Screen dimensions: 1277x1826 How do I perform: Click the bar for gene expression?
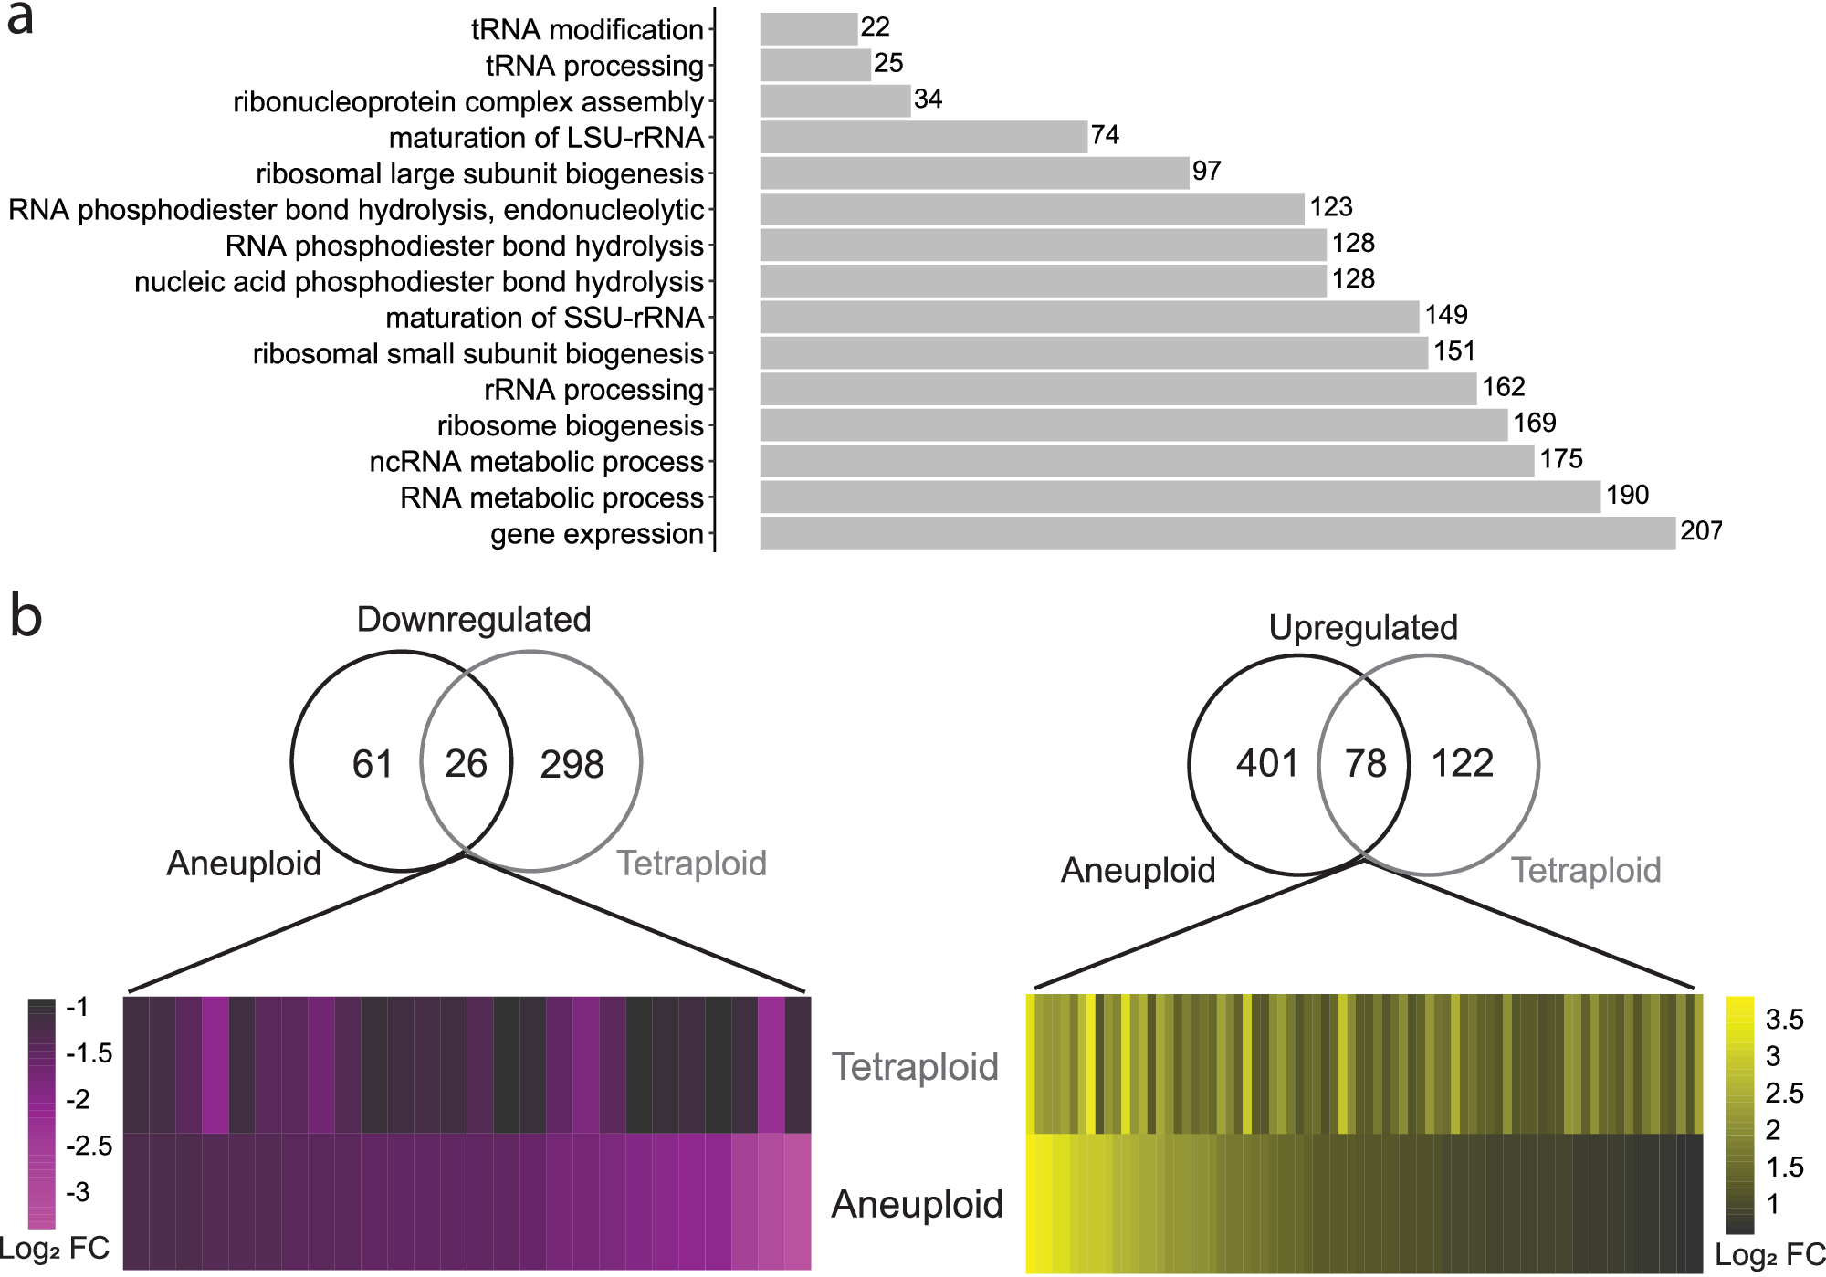point(1217,533)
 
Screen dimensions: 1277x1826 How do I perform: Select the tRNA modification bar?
point(808,29)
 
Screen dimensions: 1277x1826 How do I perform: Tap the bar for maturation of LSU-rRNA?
point(923,137)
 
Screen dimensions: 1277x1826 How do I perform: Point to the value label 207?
point(1701,531)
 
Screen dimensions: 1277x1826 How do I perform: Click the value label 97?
point(1206,172)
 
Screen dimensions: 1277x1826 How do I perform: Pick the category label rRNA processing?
point(593,390)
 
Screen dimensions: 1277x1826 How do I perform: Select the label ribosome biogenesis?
point(570,426)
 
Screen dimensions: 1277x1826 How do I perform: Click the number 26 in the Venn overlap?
point(466,764)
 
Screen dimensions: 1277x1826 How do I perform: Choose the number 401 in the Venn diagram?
point(1267,763)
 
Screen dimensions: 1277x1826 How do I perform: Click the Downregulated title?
point(474,620)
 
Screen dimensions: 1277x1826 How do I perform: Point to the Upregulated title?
point(1363,628)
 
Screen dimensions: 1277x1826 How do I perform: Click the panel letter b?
point(26,616)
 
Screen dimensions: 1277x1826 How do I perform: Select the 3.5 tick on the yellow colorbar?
point(1784,1019)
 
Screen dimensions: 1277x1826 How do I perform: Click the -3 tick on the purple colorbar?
point(79,1191)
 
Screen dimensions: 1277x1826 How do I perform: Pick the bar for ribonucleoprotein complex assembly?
point(834,101)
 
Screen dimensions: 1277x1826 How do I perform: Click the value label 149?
point(1446,316)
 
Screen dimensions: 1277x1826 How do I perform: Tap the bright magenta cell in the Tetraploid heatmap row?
point(215,1064)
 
